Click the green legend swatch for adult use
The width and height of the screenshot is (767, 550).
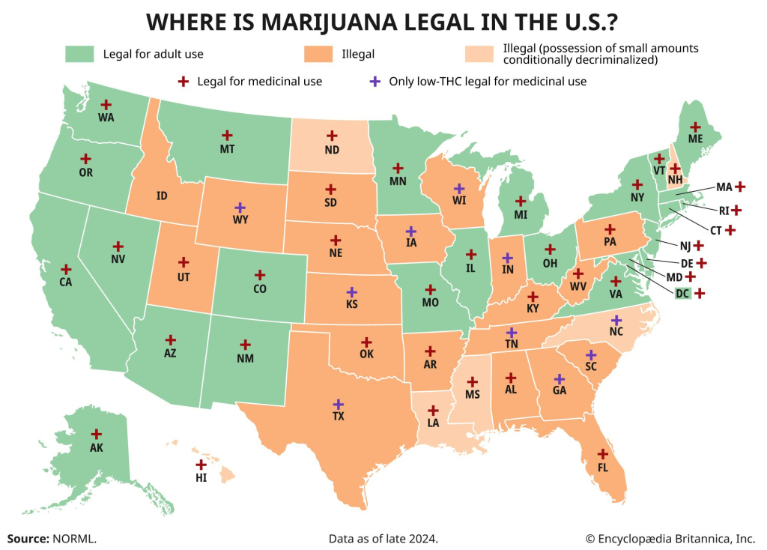pos(79,54)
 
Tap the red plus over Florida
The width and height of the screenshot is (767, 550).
pos(602,453)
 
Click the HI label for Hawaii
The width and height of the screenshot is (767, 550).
pos(201,477)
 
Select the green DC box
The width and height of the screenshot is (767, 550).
pos(682,293)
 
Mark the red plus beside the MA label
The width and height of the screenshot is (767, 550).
pos(740,186)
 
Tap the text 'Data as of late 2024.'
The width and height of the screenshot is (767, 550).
pos(383,538)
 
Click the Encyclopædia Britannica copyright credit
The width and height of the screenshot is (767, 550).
pos(670,538)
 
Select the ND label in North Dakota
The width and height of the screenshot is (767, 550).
pos(332,149)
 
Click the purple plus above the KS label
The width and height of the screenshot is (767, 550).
pos(351,291)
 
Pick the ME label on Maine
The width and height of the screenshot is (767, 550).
pos(695,139)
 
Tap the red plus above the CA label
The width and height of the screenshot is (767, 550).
pos(66,269)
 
